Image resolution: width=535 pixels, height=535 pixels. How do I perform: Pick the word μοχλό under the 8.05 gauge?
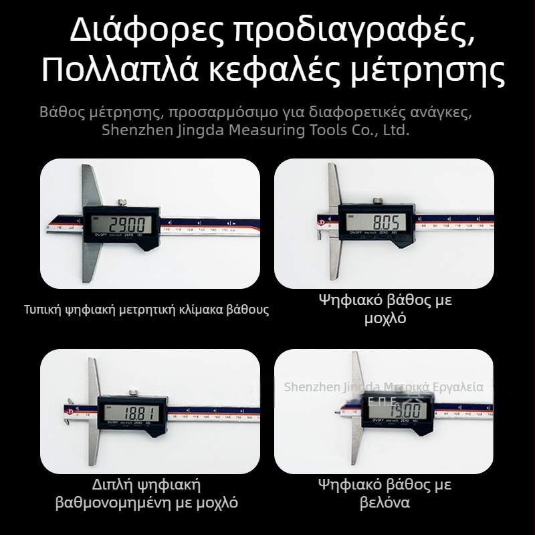pos(385,319)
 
